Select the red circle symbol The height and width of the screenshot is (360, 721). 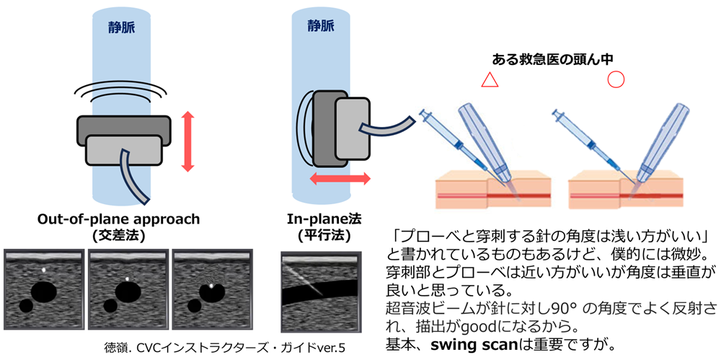point(616,79)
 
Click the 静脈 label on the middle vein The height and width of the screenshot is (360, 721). point(320,26)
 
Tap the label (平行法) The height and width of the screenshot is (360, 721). point(320,234)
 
